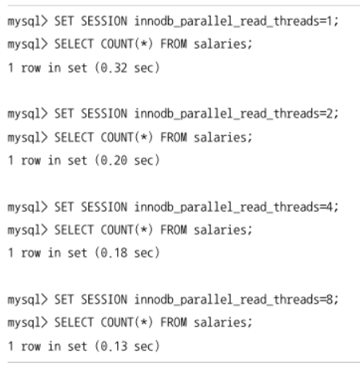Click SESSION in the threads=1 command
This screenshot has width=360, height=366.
[104, 21]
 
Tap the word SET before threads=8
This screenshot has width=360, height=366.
[64, 299]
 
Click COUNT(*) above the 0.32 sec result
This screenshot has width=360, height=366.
[127, 44]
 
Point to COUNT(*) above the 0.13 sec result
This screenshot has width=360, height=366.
[127, 323]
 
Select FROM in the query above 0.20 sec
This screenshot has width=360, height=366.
[174, 138]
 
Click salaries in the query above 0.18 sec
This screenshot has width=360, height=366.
[221, 230]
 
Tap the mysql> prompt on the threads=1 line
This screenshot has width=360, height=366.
[28, 21]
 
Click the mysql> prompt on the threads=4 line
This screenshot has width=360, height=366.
[28, 208]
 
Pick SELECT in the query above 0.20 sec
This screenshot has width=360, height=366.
[74, 138]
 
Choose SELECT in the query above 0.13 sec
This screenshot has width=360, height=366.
[74, 323]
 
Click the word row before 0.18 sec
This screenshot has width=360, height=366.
[31, 253]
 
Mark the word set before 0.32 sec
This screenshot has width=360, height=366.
[77, 68]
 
